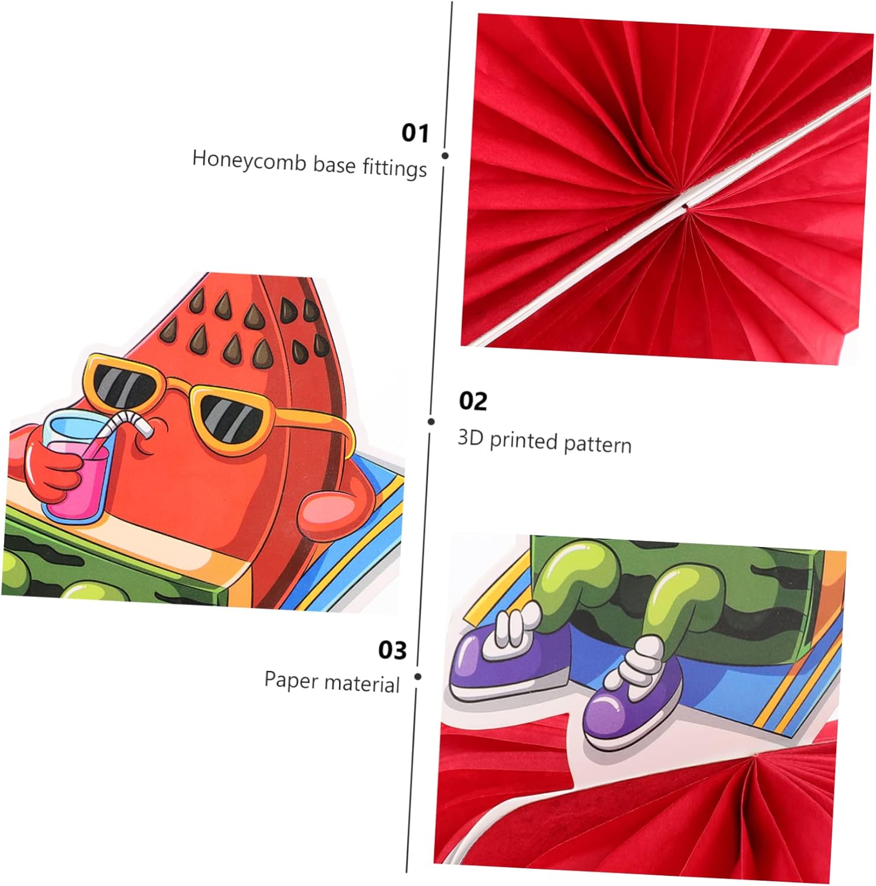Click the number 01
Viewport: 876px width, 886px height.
click(415, 133)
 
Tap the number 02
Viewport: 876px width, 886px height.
click(473, 402)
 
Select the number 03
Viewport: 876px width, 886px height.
click(392, 650)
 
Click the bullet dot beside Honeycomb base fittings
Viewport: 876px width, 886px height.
click(445, 155)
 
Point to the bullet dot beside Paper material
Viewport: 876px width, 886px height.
click(418, 676)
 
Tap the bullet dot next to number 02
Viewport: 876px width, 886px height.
click(431, 421)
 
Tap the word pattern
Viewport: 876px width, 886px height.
click(597, 444)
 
